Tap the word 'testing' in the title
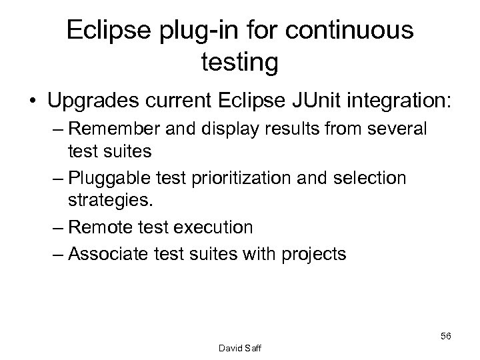239,64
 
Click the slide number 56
445,335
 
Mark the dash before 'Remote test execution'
57,227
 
